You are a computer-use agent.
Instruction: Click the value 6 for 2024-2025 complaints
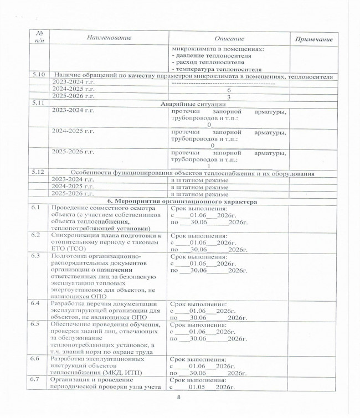click(x=228, y=90)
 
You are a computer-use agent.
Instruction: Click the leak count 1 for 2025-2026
click(x=209, y=166)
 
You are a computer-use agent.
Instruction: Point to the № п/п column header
click(x=38, y=37)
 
